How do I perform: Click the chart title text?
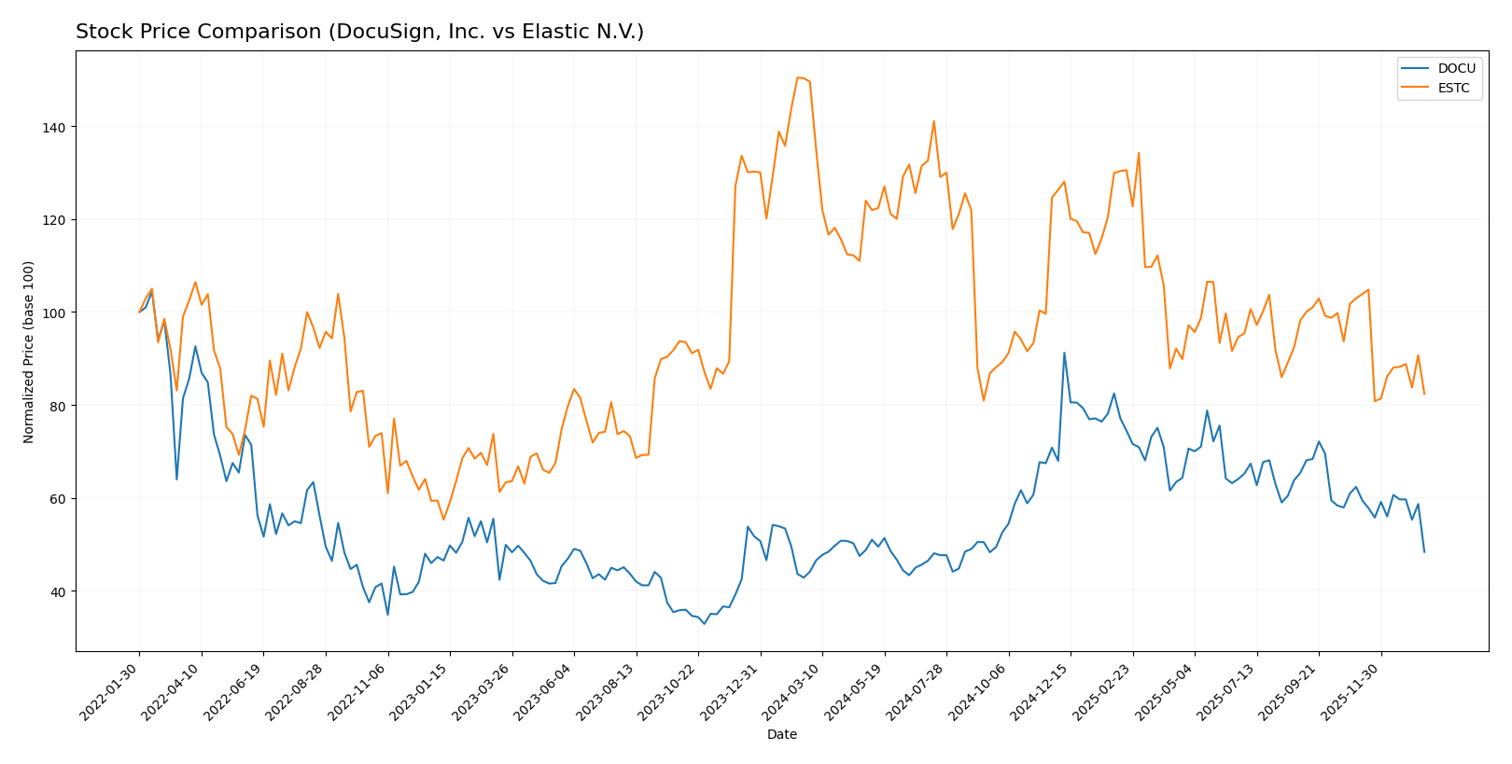click(x=359, y=33)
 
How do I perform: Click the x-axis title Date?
click(x=782, y=735)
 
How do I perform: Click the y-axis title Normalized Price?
click(x=29, y=352)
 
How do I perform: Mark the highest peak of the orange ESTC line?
click(x=798, y=77)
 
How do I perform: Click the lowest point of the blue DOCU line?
click(x=704, y=623)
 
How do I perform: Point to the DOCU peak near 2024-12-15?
click(x=1064, y=353)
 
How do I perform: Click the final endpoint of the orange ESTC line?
click(x=1424, y=394)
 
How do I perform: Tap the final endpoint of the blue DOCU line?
click(x=1424, y=552)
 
